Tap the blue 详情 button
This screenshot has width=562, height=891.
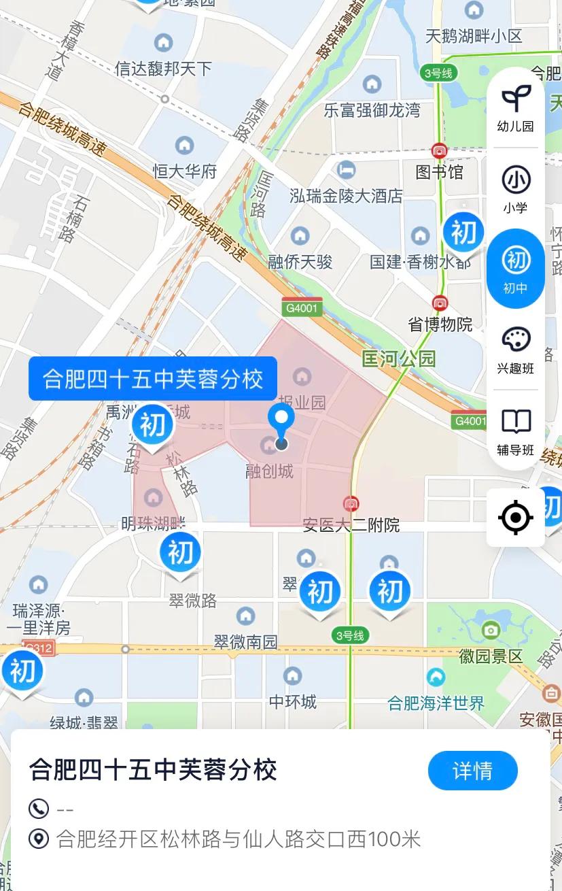click(x=472, y=771)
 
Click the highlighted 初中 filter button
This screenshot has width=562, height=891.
click(x=516, y=268)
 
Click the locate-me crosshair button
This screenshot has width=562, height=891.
click(x=516, y=518)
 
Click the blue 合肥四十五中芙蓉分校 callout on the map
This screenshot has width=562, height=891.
click(x=152, y=378)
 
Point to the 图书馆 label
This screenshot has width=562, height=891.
click(x=439, y=171)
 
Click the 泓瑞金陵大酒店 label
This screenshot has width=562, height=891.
click(x=346, y=196)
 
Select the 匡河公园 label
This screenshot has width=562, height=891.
click(x=398, y=358)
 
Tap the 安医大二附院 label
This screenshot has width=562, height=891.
click(x=351, y=524)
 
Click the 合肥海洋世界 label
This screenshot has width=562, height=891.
click(x=436, y=703)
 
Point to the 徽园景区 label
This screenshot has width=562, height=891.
click(x=491, y=656)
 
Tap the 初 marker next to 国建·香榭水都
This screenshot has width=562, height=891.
click(x=463, y=233)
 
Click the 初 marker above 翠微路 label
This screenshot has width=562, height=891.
click(x=180, y=553)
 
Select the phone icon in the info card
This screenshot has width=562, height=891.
click(x=39, y=809)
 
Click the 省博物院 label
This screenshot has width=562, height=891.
click(x=440, y=324)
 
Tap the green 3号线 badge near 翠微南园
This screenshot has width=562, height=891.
click(x=350, y=636)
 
